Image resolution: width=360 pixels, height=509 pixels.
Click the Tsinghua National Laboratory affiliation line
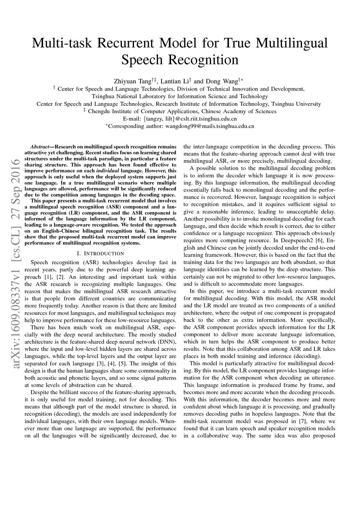click(180, 96)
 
